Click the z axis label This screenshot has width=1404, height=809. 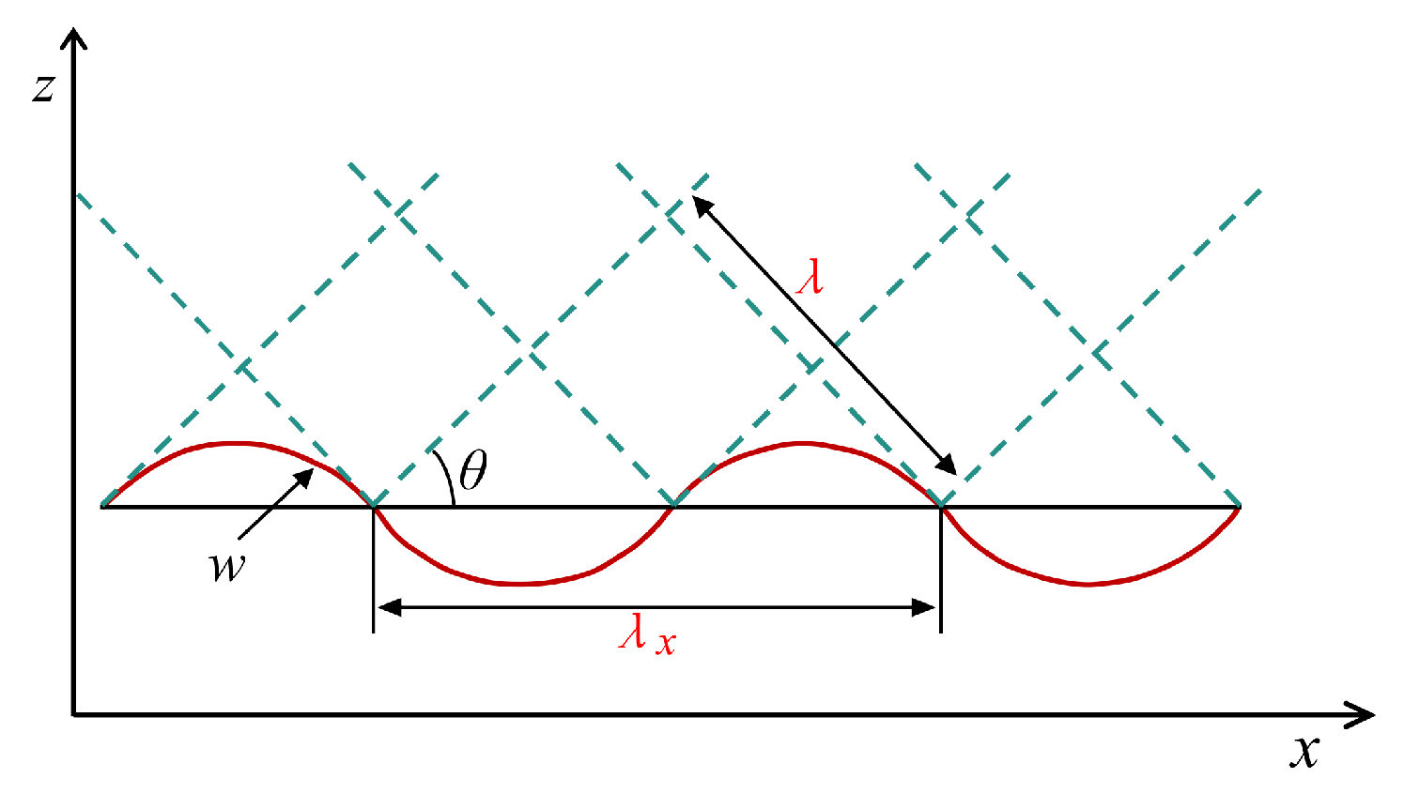coord(43,87)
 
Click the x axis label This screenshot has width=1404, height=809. coord(1304,751)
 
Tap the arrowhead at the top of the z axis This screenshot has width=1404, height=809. coord(73,38)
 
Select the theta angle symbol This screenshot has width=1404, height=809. coord(473,470)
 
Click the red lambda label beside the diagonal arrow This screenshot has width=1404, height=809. coord(810,278)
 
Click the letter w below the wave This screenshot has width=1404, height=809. coord(227,566)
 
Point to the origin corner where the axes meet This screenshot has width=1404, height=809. coord(74,715)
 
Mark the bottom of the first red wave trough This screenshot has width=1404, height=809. coord(521,584)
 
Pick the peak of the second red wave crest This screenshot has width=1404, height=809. coord(803,442)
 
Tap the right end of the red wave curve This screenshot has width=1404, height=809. coord(1240,508)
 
